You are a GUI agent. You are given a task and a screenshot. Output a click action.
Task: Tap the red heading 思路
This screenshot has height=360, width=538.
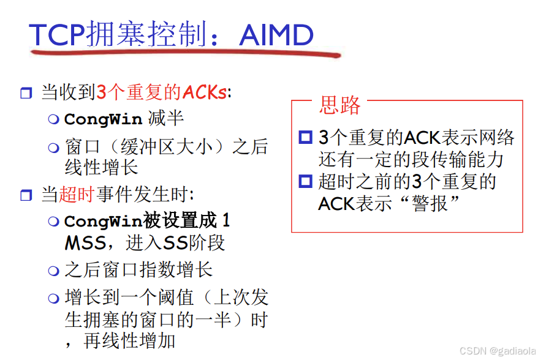pyautogui.click(x=339, y=105)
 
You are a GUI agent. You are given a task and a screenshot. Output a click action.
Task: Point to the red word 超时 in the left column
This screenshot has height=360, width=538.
pyautogui.click(x=77, y=195)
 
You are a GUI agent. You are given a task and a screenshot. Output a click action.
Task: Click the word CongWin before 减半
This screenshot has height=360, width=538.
pyautogui.click(x=102, y=119)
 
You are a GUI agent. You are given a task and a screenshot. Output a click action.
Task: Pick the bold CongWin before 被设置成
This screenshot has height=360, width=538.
pyautogui.click(x=102, y=220)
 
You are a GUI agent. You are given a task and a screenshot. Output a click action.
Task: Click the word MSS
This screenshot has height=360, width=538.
pyautogui.click(x=85, y=243)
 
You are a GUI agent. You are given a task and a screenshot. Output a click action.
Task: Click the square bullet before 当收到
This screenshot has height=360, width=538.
pyautogui.click(x=26, y=94)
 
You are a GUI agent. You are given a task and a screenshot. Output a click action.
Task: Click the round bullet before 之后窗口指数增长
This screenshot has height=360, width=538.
pyautogui.click(x=54, y=270)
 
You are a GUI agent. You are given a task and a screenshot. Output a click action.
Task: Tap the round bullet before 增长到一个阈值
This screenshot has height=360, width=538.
pyautogui.click(x=54, y=298)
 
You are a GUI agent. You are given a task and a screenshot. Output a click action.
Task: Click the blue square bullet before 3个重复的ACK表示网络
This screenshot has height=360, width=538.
pyautogui.click(x=305, y=137)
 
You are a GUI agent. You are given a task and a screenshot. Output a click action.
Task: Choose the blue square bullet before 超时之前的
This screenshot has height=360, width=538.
pyautogui.click(x=305, y=181)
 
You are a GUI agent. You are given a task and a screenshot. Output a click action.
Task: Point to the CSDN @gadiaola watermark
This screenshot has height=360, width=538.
pyautogui.click(x=498, y=351)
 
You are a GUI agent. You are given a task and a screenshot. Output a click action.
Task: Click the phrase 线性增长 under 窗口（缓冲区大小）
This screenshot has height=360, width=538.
pyautogui.click(x=102, y=167)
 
